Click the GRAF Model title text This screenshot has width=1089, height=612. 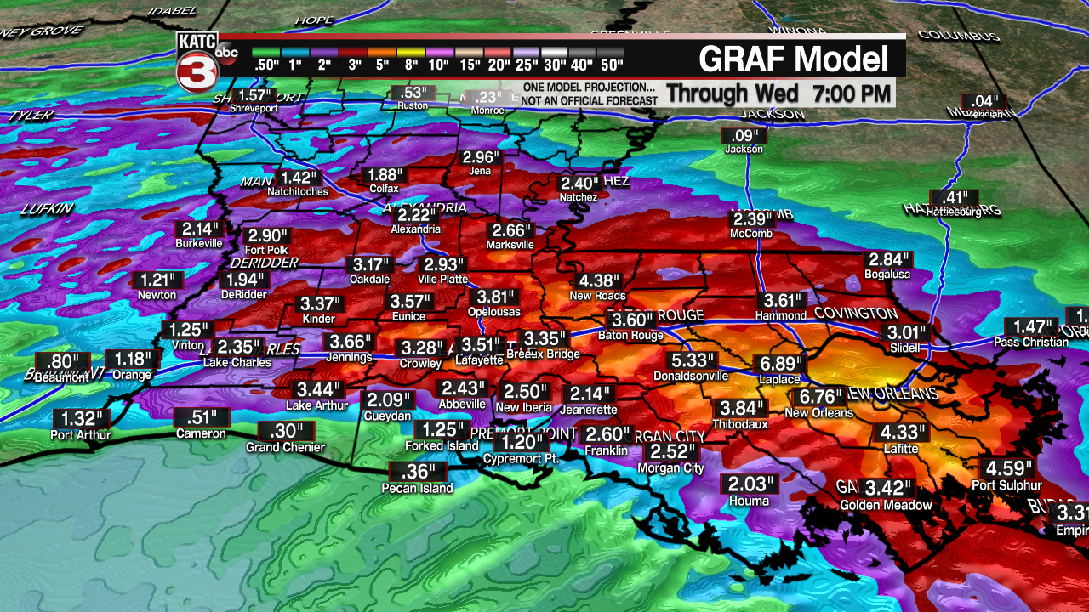click(x=793, y=59)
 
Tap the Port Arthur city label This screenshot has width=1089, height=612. click(x=81, y=435)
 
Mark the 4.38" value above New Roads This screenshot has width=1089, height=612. click(x=597, y=280)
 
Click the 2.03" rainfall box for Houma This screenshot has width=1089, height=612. click(x=750, y=484)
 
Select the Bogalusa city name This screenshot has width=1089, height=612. click(x=887, y=275)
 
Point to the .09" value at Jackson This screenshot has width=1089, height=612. click(x=744, y=135)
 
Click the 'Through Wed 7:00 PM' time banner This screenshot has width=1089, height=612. click(x=778, y=92)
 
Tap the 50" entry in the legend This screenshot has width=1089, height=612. click(x=610, y=65)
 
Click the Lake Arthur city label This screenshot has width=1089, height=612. click(x=317, y=405)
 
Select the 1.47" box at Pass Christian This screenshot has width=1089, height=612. click(x=1030, y=326)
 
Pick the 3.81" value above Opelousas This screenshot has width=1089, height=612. click(x=496, y=297)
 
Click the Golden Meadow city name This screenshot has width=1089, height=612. click(x=886, y=505)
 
